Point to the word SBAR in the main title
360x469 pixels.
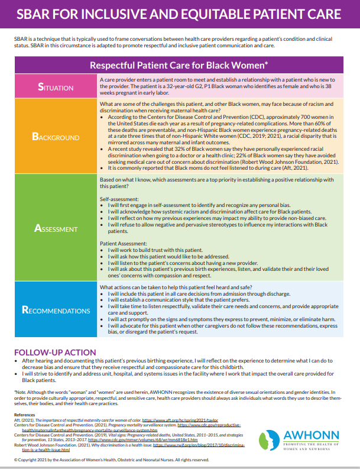(35, 14)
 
